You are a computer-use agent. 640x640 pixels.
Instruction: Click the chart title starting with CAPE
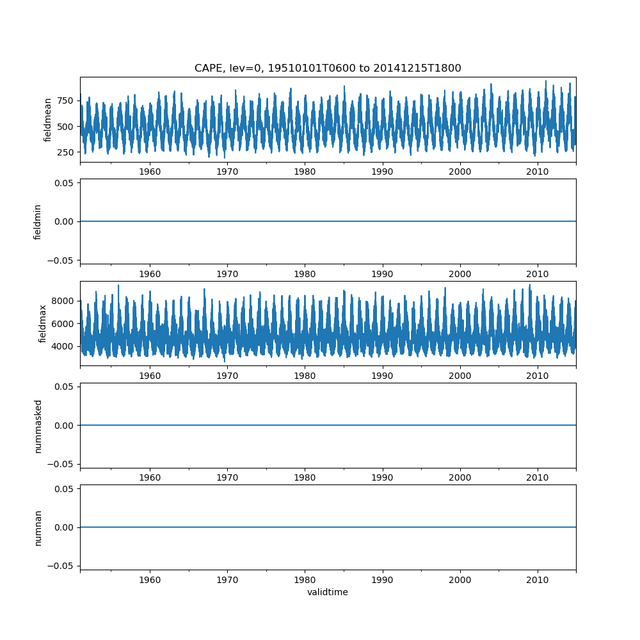coord(328,68)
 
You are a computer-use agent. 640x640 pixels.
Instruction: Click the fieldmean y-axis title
coord(47,120)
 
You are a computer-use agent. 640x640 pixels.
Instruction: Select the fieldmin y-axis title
coord(38,221)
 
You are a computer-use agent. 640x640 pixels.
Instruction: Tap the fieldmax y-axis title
coord(43,323)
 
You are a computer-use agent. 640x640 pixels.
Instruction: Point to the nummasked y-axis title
coord(38,425)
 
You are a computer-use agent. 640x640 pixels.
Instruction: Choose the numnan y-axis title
coord(38,527)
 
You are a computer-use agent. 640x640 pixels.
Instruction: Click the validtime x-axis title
coord(328,592)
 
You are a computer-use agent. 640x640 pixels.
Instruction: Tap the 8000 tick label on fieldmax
coord(62,301)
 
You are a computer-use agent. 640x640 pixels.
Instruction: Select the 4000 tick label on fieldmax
coord(62,346)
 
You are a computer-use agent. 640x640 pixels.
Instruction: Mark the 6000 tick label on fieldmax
coord(62,324)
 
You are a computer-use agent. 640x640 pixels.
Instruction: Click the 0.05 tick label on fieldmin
coord(64,184)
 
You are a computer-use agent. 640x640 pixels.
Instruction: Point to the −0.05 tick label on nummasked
coord(61,463)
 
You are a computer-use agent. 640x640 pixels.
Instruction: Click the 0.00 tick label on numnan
coord(64,527)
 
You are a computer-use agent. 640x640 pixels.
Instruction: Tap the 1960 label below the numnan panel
coord(150,580)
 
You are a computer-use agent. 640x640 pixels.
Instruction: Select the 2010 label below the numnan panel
coord(537,580)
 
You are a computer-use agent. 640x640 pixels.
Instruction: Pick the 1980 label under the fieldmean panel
coord(305,172)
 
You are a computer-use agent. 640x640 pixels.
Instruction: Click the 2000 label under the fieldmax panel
coord(460,376)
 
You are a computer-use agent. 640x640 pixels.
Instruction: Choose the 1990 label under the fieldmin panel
coord(382,274)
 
